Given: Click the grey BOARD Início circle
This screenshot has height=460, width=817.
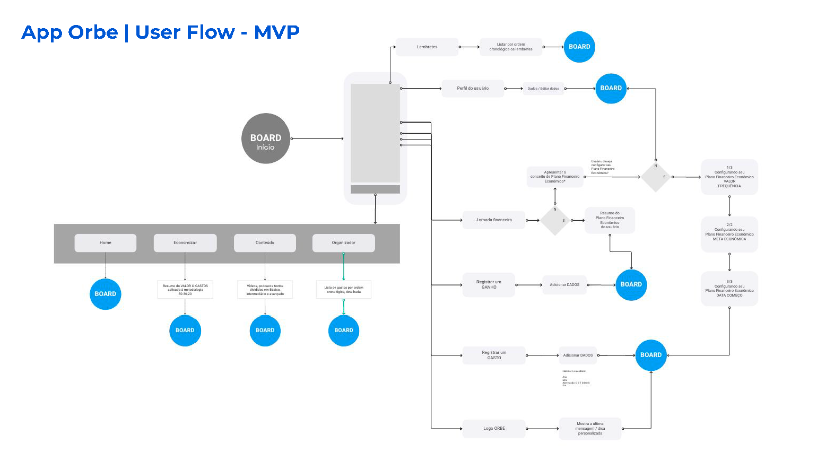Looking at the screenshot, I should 265,138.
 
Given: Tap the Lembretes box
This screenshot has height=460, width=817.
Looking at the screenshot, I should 427,47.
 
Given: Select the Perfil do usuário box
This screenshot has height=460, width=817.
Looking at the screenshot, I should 473,89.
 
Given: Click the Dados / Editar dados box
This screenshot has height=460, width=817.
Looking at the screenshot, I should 543,89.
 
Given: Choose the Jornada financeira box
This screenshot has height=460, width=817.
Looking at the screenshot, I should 493,220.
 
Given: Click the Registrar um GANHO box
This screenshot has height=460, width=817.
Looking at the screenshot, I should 489,285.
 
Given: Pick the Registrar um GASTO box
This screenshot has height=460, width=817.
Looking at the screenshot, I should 494,355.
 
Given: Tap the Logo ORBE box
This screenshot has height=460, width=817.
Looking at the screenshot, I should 494,429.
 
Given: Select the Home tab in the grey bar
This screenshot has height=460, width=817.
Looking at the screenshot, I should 106,243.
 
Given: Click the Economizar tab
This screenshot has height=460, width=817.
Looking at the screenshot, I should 185,243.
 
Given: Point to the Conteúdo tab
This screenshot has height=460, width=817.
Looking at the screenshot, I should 265,243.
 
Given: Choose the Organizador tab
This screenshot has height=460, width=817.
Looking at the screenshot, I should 344,243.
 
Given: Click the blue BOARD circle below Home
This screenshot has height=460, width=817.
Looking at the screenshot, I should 106,294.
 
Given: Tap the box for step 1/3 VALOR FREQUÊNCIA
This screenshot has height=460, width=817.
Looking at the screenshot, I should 729,177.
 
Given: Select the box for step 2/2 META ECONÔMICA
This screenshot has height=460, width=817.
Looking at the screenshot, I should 729,234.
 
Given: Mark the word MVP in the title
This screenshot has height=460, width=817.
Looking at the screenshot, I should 277,32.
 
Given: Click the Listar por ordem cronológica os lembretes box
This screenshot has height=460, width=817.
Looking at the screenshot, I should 511,47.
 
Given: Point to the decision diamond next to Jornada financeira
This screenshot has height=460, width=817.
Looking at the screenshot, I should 555,220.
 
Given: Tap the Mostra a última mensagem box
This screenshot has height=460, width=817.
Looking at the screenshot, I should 590,429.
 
